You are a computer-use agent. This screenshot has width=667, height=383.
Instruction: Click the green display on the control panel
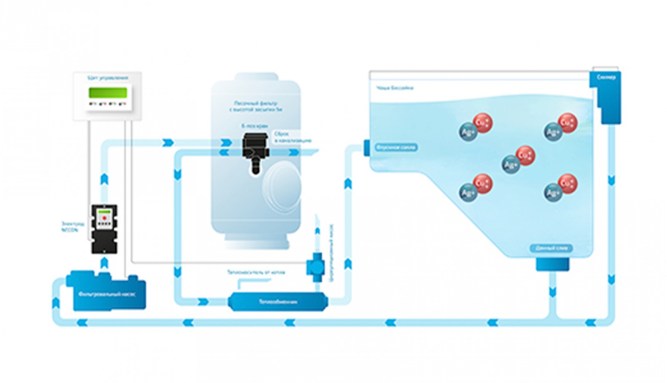click(x=108, y=92)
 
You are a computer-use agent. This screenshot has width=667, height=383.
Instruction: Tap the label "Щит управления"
click(x=108, y=78)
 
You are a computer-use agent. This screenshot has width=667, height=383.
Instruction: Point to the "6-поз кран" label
click(x=254, y=126)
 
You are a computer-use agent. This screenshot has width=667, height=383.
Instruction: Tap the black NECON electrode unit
click(x=104, y=229)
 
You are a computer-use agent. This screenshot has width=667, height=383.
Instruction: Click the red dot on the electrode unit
click(x=104, y=218)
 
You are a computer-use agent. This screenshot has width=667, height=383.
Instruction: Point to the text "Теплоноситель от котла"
click(x=256, y=273)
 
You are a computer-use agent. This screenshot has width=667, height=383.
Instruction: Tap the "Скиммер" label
click(x=606, y=78)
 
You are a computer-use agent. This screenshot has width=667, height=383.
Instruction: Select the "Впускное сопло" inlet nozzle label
click(x=396, y=148)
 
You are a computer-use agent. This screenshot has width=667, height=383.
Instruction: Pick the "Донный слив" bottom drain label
click(x=551, y=248)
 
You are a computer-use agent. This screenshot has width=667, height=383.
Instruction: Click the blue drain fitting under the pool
click(x=552, y=264)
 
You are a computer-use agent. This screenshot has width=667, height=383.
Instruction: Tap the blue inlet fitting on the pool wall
click(x=366, y=148)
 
